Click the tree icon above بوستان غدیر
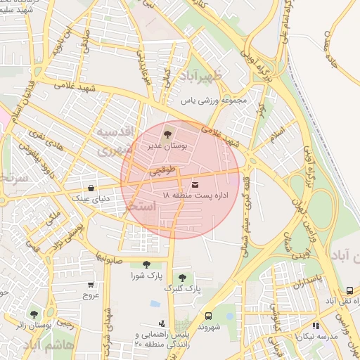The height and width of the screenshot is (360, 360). coord(167,133)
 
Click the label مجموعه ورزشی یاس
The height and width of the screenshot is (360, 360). coord(214,101)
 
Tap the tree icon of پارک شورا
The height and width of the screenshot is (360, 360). coord(146,264)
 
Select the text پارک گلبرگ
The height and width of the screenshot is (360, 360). coord(183,288)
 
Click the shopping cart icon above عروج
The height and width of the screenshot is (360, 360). coord(91,285)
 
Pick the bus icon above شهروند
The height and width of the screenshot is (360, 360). coord(208,316)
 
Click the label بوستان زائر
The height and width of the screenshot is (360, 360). coord(32,326)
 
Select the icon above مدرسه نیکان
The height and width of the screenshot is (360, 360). coord(316,326)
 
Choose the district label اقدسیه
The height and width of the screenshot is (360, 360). coord(113,133)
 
